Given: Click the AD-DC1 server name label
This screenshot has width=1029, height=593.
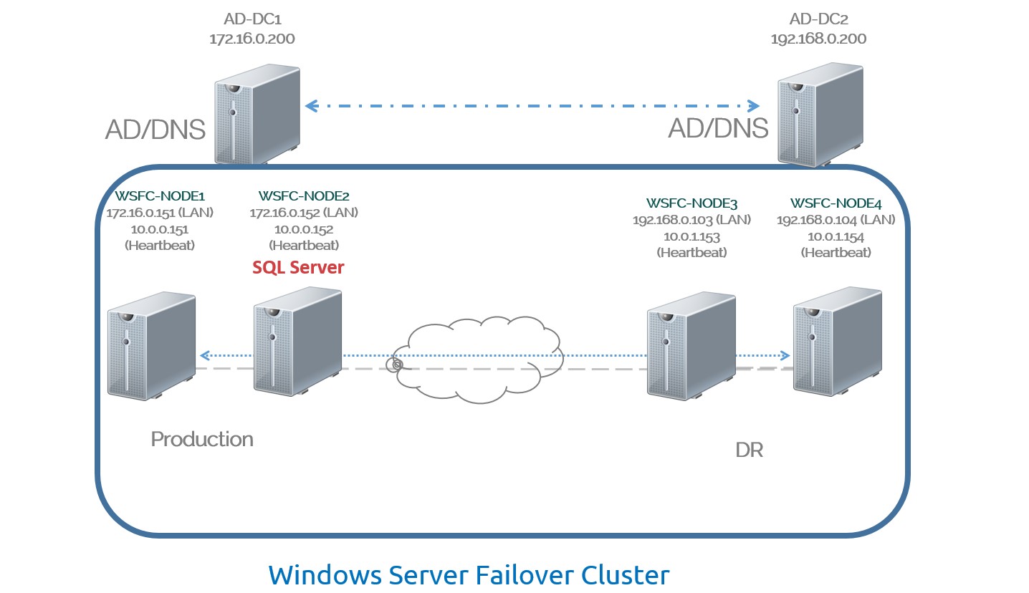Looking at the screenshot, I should coord(252,19).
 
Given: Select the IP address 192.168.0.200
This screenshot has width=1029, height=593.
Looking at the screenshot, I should coord(818,39).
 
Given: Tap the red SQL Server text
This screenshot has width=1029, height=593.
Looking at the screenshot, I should coord(298,268).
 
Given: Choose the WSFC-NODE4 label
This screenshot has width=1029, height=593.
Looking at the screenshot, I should coord(836,203).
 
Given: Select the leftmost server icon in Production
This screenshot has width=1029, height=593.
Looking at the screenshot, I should coord(151,344).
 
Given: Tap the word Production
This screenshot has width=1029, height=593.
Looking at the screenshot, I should coord(202,439).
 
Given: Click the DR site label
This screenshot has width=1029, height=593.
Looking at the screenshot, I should coord(749,450).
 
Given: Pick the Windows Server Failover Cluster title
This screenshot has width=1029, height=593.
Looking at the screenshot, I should coord(469,574).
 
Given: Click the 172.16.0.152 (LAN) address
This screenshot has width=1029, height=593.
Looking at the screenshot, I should coord(304,213).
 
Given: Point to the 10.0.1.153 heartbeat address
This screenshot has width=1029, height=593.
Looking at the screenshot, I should coord(691,236).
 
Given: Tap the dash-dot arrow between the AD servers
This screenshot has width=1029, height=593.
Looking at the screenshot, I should coord(532,106).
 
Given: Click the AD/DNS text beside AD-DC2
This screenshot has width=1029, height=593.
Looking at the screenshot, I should coord(718,129).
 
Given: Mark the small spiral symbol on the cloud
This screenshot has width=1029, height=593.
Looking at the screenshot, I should coord(396,365).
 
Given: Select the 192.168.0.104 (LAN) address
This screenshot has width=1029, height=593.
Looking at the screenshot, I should coord(836,220).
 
